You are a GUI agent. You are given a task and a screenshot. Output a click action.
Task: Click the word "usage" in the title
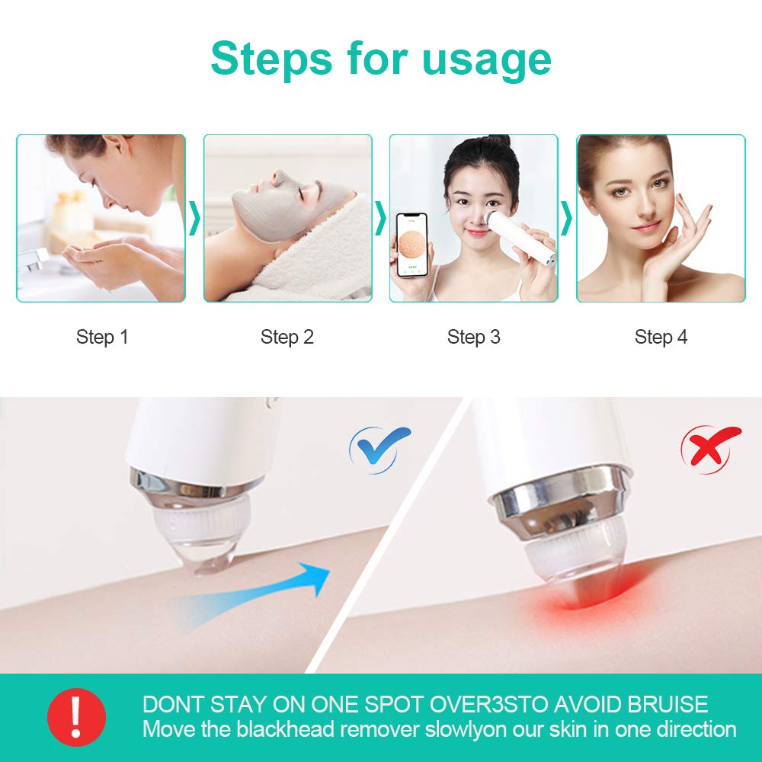pos(486,61)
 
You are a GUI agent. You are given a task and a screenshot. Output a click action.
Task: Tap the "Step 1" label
pos(102,337)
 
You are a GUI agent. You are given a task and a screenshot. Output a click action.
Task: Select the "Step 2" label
pos(287,337)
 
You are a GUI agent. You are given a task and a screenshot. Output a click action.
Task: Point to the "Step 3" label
pos(474,337)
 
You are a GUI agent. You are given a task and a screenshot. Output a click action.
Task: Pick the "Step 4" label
pos(661,337)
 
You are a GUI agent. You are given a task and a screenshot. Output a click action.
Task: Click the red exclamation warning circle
pos(76,717)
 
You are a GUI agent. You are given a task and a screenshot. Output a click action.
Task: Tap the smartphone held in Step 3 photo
pos(412,245)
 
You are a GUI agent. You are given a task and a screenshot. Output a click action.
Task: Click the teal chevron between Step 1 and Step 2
pos(194,218)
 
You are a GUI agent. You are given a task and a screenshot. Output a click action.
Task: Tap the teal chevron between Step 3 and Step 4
pos(566,218)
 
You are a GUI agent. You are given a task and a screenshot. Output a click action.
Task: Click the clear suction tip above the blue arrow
pos(204,539)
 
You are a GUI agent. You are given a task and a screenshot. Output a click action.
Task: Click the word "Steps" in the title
pos(272,59)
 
